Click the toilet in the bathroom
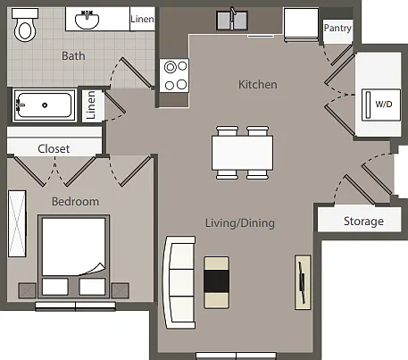point(25,25)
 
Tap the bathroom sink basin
point(87,20)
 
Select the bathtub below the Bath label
point(45,105)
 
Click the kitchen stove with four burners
point(174,75)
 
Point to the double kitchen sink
point(232,21)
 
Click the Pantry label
point(337,29)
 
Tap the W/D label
point(384,105)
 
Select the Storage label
point(363,222)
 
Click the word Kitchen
point(258,85)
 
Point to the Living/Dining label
point(240,223)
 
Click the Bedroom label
point(75,202)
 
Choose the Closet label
point(54,148)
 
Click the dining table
point(242,153)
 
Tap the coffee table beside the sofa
point(216,282)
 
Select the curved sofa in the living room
point(178,282)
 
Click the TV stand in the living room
point(303,282)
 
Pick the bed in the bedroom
point(73,256)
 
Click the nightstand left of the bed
point(28,290)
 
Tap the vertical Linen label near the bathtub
point(91,105)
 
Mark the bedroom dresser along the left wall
point(17,223)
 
